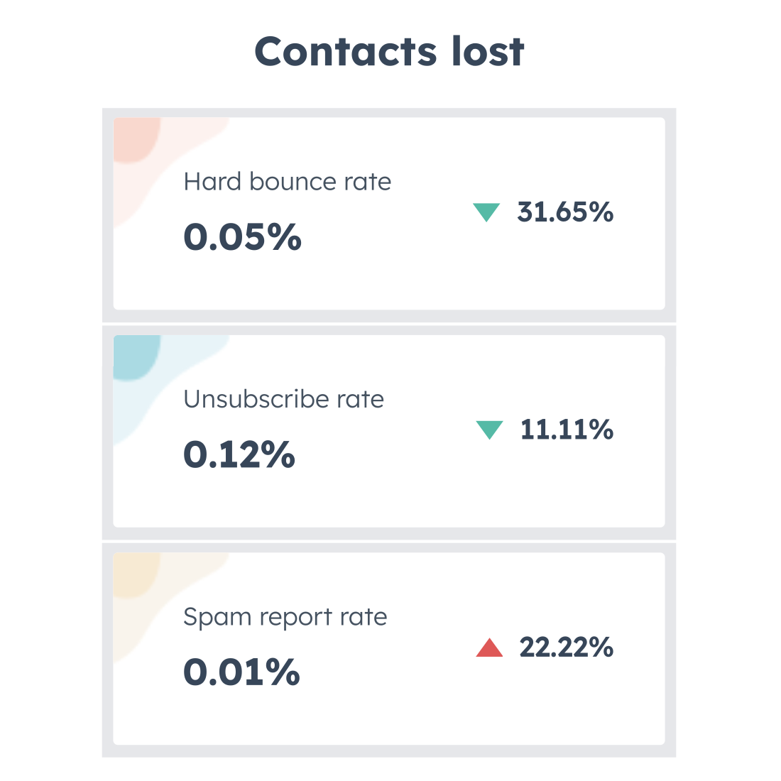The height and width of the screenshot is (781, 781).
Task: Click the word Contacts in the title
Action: pos(346,52)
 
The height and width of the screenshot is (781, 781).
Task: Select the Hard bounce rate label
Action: pos(287,182)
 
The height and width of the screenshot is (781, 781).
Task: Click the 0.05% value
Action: pos(242,236)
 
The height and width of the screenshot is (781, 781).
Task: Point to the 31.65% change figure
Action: pos(565,212)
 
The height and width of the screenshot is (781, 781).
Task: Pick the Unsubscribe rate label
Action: pos(283,399)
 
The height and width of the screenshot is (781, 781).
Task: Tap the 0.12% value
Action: pos(239,454)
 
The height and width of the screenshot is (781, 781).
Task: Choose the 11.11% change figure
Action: pos(567,430)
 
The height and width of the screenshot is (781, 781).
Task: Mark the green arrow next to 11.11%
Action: pos(489,430)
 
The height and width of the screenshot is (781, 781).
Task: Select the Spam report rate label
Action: pos(285,617)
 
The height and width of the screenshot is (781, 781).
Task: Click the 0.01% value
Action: pos(241,672)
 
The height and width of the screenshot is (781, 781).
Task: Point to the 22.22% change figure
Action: pos(566,648)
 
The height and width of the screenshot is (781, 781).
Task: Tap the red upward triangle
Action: pos(489,648)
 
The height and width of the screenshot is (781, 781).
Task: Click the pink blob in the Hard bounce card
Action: pos(136,140)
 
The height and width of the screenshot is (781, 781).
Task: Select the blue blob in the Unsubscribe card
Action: pos(136,357)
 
